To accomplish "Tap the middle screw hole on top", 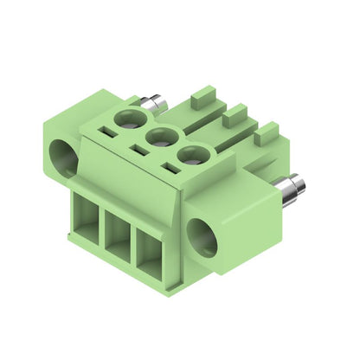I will point(161,136).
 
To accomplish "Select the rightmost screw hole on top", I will point(192,157).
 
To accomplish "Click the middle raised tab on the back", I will point(234,113).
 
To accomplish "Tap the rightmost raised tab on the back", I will point(267,132).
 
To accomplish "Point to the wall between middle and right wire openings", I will point(132,244).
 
